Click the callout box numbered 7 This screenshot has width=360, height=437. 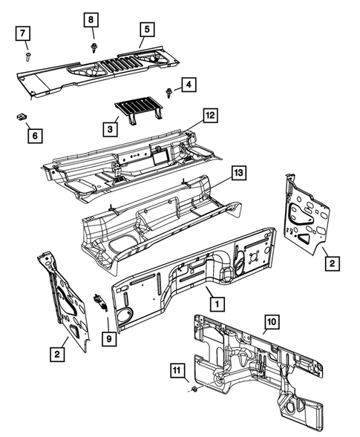click(x=24, y=33)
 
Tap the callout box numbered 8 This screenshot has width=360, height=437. click(x=92, y=19)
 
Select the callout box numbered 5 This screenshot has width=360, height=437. click(x=145, y=30)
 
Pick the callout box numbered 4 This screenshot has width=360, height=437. click(x=189, y=86)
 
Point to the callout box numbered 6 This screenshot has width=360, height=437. click(x=33, y=136)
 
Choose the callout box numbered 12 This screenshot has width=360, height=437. click(x=211, y=116)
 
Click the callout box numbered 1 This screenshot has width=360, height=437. click(x=215, y=303)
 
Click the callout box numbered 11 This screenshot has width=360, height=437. click(x=177, y=370)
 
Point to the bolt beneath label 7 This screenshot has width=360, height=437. click(x=27, y=53)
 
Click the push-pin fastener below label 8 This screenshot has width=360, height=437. click(x=94, y=46)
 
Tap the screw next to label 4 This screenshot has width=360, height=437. click(x=170, y=93)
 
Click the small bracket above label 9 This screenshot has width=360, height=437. click(x=98, y=302)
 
